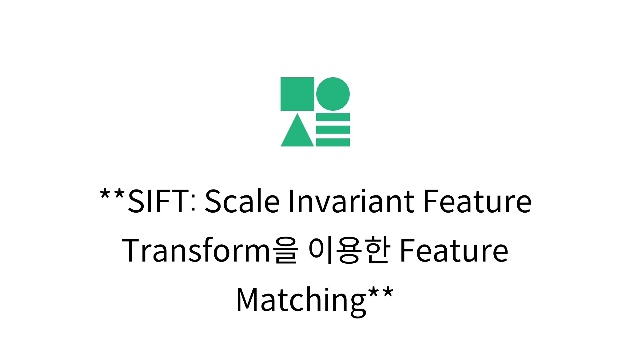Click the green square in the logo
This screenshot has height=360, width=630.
click(x=297, y=94)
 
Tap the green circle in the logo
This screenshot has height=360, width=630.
click(x=333, y=94)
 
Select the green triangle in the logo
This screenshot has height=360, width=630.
click(x=297, y=134)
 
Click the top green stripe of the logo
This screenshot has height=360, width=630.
click(x=333, y=117)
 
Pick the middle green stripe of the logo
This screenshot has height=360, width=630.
click(x=333, y=130)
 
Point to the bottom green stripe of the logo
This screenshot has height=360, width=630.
click(x=333, y=142)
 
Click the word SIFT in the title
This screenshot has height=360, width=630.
click(x=158, y=201)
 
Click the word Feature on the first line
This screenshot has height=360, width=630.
click(x=477, y=201)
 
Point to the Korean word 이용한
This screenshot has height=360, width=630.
click(x=349, y=251)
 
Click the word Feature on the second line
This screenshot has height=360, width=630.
click(x=454, y=251)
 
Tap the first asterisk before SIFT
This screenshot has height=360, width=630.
click(x=105, y=194)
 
